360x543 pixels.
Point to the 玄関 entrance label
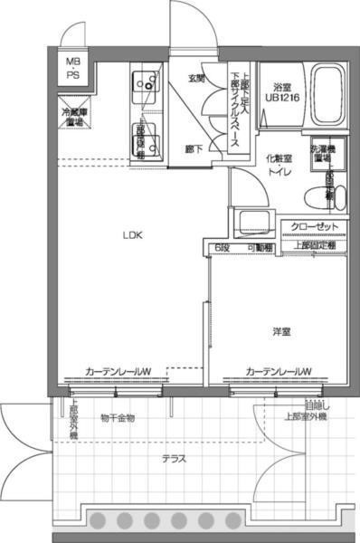tap(196, 80)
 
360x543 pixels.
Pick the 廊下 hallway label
tap(193, 148)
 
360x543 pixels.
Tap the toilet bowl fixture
tap(316, 194)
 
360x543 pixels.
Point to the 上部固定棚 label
tap(314, 244)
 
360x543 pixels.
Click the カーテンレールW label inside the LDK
tap(118, 371)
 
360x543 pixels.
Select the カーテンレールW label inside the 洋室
tap(278, 371)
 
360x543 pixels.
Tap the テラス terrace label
tap(174, 458)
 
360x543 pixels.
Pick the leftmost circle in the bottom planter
tap(99, 520)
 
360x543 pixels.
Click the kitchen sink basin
tap(141, 84)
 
